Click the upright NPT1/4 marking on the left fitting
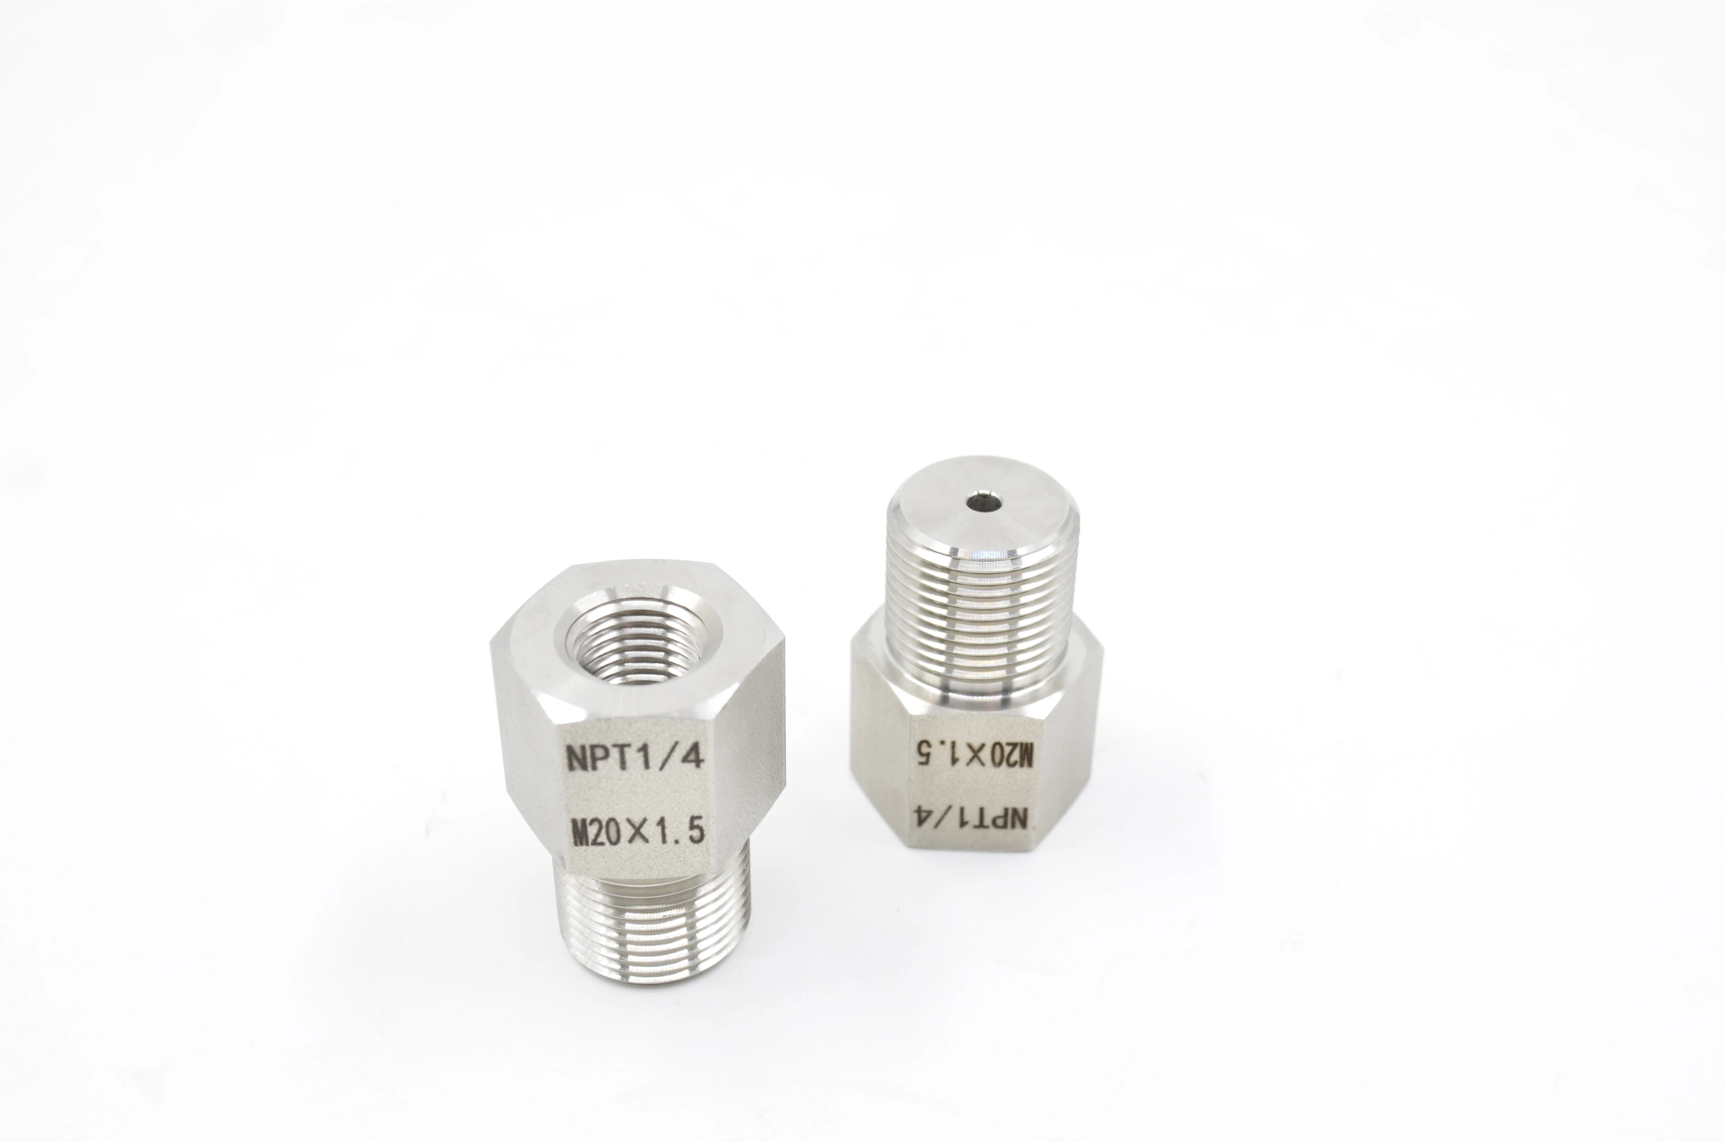coord(634,757)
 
